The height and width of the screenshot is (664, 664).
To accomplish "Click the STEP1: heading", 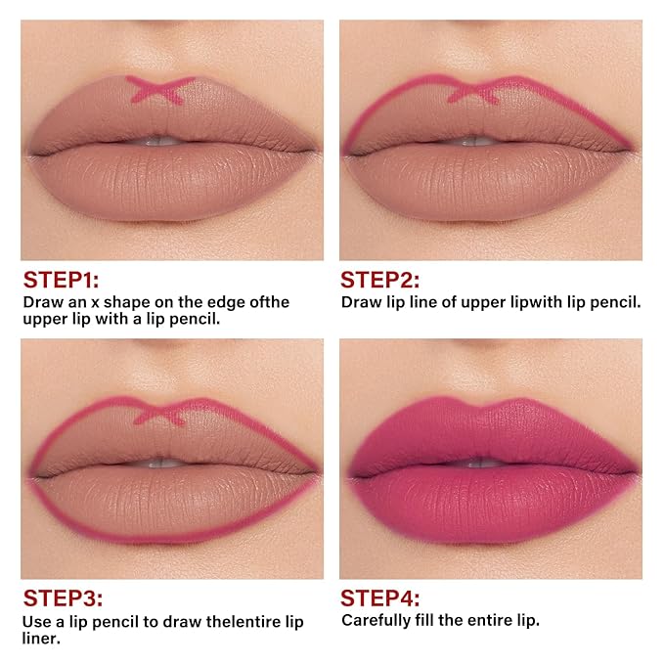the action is click(x=61, y=280).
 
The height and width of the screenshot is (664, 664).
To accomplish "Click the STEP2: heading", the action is click(x=379, y=280).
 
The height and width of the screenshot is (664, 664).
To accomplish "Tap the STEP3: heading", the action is click(x=63, y=598).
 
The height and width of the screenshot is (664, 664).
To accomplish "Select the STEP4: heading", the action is click(x=379, y=598).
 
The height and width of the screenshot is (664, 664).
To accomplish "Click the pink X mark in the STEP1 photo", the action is click(x=160, y=90).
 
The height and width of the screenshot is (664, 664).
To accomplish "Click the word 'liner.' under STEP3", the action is click(x=41, y=639).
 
